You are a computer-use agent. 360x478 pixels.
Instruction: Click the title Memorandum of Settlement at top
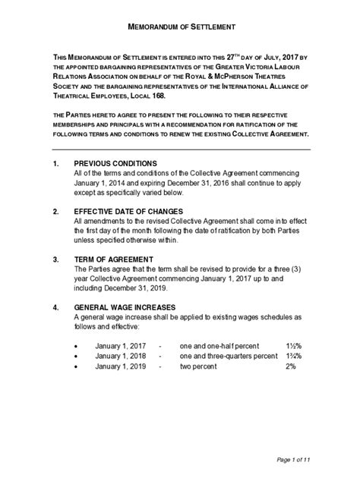(180, 27)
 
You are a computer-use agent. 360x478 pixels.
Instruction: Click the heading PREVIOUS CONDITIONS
(115, 163)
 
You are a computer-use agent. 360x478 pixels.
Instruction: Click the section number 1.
(55, 163)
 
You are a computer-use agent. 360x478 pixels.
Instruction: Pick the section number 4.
(55, 307)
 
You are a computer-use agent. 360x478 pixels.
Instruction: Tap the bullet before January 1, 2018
(76, 356)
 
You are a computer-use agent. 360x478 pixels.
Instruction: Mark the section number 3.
(55, 259)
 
